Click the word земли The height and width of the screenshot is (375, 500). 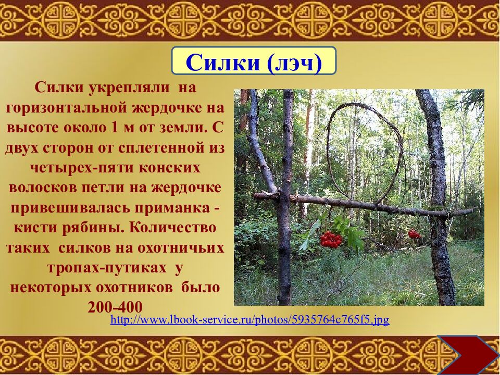[x=179, y=128]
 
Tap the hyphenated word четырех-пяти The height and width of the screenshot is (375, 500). [x=74, y=168]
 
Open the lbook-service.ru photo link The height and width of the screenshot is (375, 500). [x=249, y=319]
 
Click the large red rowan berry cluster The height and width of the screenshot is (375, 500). [x=330, y=239]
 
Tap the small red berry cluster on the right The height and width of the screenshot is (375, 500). [x=414, y=234]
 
